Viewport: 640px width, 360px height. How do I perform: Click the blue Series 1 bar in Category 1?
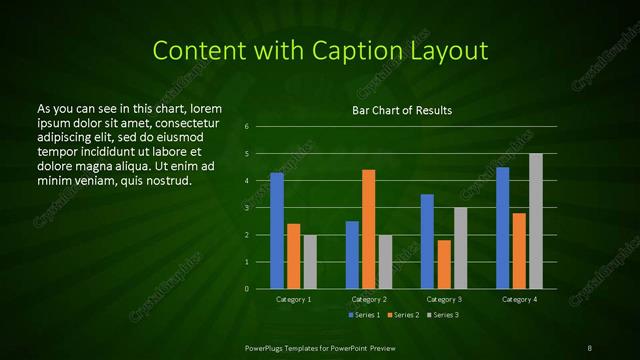[x=277, y=231]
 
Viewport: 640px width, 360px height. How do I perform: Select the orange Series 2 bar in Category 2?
[x=368, y=229]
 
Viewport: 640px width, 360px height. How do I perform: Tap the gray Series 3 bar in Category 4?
[x=536, y=221]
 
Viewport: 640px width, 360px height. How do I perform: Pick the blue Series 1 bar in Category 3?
[x=427, y=241]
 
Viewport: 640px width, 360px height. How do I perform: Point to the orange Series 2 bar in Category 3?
[x=444, y=264]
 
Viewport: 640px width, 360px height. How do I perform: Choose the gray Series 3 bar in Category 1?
[x=310, y=262]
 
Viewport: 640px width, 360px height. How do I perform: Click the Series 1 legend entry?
[x=362, y=315]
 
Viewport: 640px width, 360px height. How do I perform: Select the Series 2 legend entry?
[x=403, y=315]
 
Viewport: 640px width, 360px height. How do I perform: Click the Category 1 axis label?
[x=293, y=299]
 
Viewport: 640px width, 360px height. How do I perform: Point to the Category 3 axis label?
[x=443, y=299]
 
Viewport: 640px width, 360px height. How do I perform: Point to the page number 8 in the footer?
[x=590, y=346]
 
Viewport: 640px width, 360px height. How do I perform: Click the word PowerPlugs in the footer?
[x=265, y=346]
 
